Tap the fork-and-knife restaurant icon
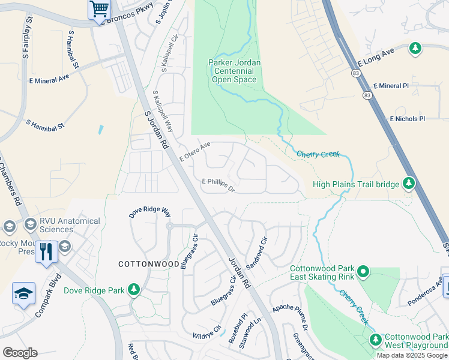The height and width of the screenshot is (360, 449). pos(46,251)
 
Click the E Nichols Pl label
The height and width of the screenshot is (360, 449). pos(407,119)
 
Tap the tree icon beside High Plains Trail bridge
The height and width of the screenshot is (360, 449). pos(409,182)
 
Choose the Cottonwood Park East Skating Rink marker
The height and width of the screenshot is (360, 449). pos(363,272)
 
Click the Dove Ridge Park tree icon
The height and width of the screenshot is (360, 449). pos(133,291)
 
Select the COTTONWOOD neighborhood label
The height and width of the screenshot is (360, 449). pos(148,264)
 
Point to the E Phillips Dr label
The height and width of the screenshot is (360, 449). pos(217,183)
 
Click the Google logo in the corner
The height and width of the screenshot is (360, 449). pos(20,352)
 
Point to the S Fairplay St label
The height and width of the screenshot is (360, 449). pos(27,42)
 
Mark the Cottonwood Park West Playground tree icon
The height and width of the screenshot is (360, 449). pos(376,340)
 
